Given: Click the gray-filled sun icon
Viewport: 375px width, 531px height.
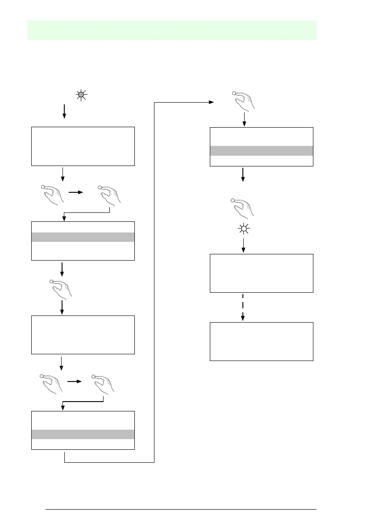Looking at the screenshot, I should pyautogui.click(x=81, y=95).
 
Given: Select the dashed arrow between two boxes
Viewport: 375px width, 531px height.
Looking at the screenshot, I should pyautogui.click(x=243, y=307).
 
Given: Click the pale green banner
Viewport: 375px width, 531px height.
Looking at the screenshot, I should pyautogui.click(x=172, y=30).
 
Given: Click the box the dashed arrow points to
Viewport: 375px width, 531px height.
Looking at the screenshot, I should pyautogui.click(x=261, y=341).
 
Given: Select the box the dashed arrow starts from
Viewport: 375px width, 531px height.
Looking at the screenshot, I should pyautogui.click(x=261, y=273).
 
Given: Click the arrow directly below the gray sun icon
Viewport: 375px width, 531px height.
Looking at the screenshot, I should pyautogui.click(x=64, y=111).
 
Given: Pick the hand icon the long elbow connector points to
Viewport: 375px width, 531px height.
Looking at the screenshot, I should pyautogui.click(x=243, y=100).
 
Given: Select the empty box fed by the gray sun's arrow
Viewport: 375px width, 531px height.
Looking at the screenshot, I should pyautogui.click(x=83, y=146).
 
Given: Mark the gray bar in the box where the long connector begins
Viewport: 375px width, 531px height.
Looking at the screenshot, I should pyautogui.click(x=83, y=434).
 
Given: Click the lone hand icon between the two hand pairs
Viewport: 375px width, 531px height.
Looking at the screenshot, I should pyautogui.click(x=62, y=289).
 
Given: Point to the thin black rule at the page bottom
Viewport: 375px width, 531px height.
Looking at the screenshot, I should pyautogui.click(x=181, y=509).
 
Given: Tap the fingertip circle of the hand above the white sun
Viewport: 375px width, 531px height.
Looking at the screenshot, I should pyautogui.click(x=233, y=201).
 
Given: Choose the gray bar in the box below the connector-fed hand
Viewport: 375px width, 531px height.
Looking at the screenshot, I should pyautogui.click(x=261, y=150).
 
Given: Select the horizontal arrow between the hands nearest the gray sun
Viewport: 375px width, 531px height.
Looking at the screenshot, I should pyautogui.click(x=76, y=192).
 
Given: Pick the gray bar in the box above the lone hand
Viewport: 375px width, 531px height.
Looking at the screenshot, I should pyautogui.click(x=83, y=237).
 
